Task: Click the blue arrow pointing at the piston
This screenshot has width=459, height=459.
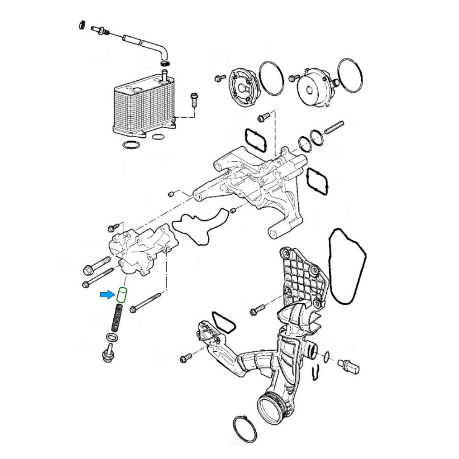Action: click(x=107, y=295)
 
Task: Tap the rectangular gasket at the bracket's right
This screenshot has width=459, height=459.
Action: click(x=316, y=180)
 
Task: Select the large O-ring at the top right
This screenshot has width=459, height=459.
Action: click(x=348, y=75)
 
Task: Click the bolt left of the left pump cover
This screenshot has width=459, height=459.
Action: click(x=220, y=78)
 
